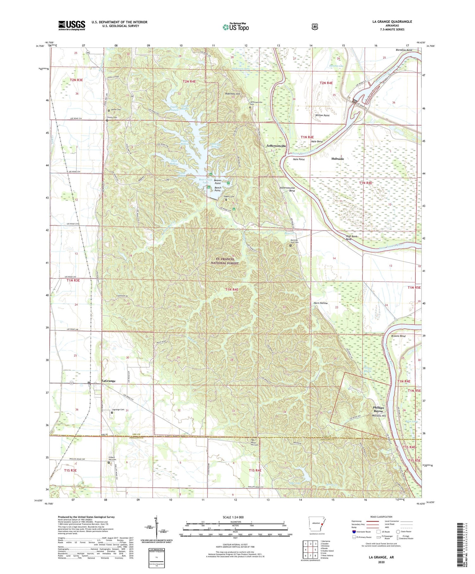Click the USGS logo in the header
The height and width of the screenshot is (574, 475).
pyautogui.click(x=72, y=25)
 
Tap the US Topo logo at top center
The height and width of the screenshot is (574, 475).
pyautogui.click(x=236, y=27)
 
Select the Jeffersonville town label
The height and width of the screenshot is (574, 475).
pyautogui.click(x=276, y=146)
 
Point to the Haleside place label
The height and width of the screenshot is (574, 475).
pyautogui.click(x=338, y=159)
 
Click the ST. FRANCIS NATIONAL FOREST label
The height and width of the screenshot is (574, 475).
pyautogui.click(x=225, y=261)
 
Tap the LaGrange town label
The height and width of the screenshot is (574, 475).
pyautogui.click(x=108, y=381)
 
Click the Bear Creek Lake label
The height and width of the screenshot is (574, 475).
pyautogui.click(x=206, y=181)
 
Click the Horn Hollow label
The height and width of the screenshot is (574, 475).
pyautogui.click(x=320, y=303)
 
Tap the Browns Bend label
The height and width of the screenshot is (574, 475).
pyautogui.click(x=398, y=336)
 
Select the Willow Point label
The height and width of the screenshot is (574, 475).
pyautogui.click(x=322, y=116)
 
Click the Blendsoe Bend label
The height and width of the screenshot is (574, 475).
pyautogui.click(x=404, y=50)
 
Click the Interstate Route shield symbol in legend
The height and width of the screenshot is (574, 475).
pyautogui.click(x=354, y=532)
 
